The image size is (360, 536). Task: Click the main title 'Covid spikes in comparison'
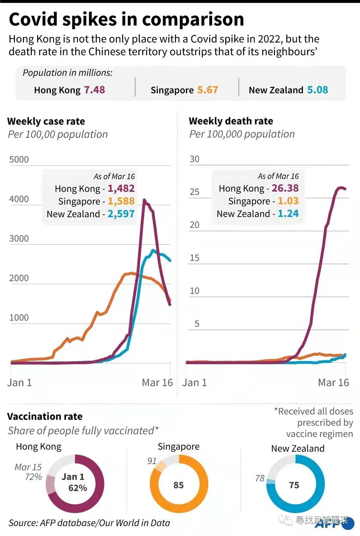[x=126, y=20]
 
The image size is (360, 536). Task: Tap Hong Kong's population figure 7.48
[x=94, y=90]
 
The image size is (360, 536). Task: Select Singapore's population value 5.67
[x=208, y=90]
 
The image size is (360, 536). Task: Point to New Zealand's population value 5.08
[x=317, y=90]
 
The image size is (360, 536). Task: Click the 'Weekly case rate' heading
[x=46, y=121]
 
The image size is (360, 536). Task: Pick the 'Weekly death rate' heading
[x=231, y=121]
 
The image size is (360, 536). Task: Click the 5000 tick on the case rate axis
[x=19, y=159]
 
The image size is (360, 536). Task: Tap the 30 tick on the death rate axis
[x=194, y=159]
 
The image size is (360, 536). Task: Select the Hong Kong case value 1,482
[x=121, y=188]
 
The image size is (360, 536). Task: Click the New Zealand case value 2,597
[x=121, y=214]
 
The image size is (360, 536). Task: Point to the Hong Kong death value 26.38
[x=285, y=188]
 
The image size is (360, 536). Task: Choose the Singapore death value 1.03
[x=288, y=201]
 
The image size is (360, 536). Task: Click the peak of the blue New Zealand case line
[x=153, y=251]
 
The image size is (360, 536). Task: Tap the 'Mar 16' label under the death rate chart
[x=333, y=382]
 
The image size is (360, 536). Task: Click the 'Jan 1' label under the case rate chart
[x=19, y=383]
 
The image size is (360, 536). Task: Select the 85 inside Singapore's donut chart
[x=179, y=485]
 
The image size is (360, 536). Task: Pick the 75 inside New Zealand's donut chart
[x=294, y=485]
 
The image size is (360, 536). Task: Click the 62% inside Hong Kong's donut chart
[x=78, y=488]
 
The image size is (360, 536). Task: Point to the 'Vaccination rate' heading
[x=45, y=416]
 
